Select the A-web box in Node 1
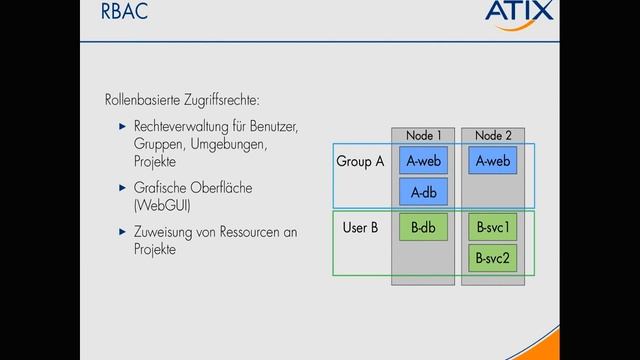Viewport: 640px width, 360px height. [x=422, y=160]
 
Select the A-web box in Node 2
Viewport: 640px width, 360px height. [x=494, y=160]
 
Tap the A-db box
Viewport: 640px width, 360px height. [x=422, y=191]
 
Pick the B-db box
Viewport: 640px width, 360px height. [x=422, y=228]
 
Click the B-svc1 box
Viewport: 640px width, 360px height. [x=494, y=228]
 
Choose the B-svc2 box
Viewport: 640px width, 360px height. [x=494, y=259]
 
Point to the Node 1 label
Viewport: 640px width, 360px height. [x=423, y=135]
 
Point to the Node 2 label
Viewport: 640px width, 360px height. [x=494, y=135]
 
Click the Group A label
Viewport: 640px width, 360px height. [x=360, y=160]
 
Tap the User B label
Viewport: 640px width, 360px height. [x=360, y=228]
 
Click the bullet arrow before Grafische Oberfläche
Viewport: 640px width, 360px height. [x=121, y=188]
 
